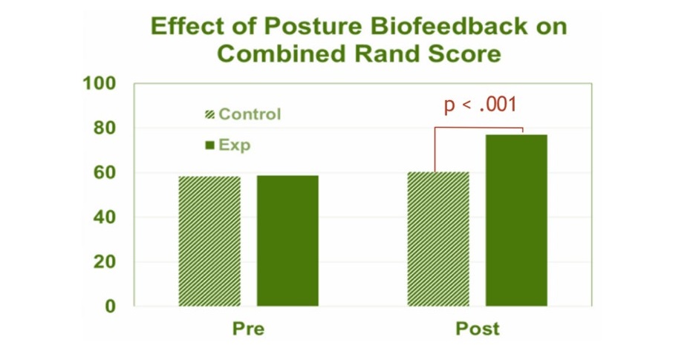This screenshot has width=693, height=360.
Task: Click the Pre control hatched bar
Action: pyautogui.click(x=209, y=241)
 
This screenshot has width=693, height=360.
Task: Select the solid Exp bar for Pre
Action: pyautogui.click(x=287, y=240)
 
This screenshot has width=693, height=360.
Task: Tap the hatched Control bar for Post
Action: pyautogui.click(x=438, y=239)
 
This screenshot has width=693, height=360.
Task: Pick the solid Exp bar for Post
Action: pyautogui.click(x=516, y=220)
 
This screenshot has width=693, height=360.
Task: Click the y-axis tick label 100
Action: pyautogui.click(x=100, y=83)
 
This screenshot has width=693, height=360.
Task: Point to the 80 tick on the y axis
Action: pyautogui.click(x=105, y=128)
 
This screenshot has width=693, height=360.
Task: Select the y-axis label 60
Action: pyautogui.click(x=105, y=173)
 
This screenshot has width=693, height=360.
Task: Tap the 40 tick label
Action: pyautogui.click(x=105, y=217)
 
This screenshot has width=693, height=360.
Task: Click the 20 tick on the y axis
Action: pyautogui.click(x=105, y=262)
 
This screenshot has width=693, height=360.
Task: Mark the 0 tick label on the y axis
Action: pyautogui.click(x=111, y=306)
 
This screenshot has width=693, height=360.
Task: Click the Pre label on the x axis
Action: pyautogui.click(x=248, y=329)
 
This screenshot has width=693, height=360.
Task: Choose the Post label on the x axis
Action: pyautogui.click(x=478, y=329)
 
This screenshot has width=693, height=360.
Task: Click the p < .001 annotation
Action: pyautogui.click(x=481, y=105)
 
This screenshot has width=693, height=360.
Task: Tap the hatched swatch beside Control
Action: pyautogui.click(x=210, y=114)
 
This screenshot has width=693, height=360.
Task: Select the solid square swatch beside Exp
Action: pyautogui.click(x=210, y=145)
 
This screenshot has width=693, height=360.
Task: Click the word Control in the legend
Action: pyautogui.click(x=250, y=114)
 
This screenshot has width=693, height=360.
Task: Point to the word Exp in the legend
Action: pyautogui.click(x=235, y=145)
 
